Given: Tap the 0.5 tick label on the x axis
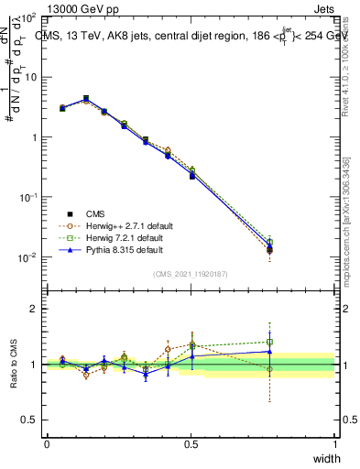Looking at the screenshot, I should pos(191,443).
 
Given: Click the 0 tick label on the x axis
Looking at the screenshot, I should pos(47,443).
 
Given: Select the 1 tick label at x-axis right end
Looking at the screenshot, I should pos(334,443).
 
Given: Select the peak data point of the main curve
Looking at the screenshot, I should pos(86,98).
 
